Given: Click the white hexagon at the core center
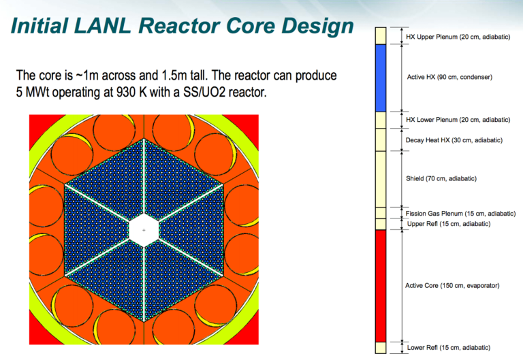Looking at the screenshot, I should (x=144, y=229).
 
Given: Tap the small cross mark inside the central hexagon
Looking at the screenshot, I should (x=144, y=231).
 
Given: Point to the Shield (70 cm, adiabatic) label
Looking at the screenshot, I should (x=441, y=178).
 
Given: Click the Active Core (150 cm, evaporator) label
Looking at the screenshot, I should (x=452, y=285).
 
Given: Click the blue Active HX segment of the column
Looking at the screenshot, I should (x=380, y=77).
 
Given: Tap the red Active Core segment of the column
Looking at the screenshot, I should (x=380, y=285).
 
